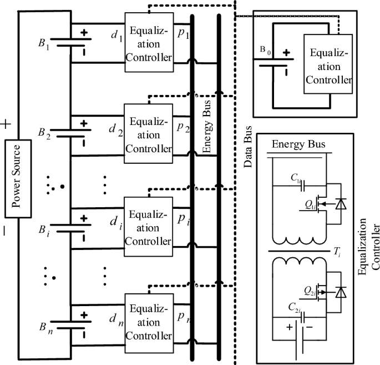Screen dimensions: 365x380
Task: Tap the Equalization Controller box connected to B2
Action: (148, 135)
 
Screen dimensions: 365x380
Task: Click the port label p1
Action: (183, 33)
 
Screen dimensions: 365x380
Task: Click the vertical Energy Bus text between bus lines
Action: (206, 131)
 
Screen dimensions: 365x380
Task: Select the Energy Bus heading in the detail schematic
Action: (298, 146)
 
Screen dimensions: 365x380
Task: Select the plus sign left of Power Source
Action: (7, 124)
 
